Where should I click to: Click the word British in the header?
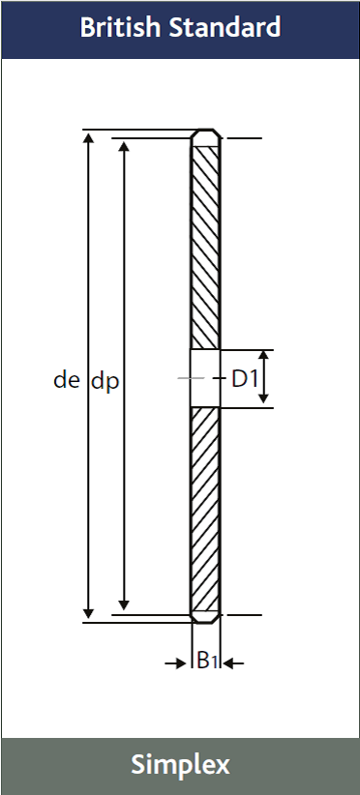pos(122,27)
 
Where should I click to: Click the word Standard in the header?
pos(225,27)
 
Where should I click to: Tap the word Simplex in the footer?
pos(181,765)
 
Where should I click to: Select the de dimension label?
pos(67,380)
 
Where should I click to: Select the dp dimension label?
pos(105,382)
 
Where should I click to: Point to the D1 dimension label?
pos(245,379)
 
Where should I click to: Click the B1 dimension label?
pos(207,661)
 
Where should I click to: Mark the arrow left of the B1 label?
pos(176,663)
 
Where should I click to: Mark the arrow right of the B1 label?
pos(233,662)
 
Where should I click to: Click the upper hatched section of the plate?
pos(205,248)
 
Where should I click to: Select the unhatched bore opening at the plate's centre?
pos(205,378)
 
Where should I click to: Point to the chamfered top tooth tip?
pos(205,137)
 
